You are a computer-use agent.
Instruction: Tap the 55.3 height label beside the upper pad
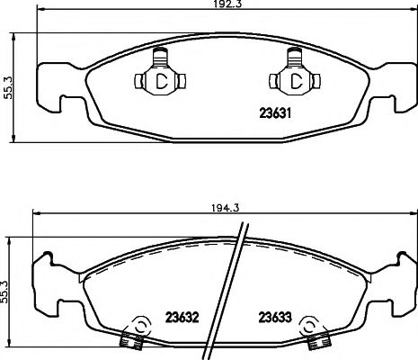click(7, 87)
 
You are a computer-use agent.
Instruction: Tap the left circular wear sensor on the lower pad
click(139, 326)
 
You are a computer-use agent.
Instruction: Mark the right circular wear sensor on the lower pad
click(310, 326)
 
